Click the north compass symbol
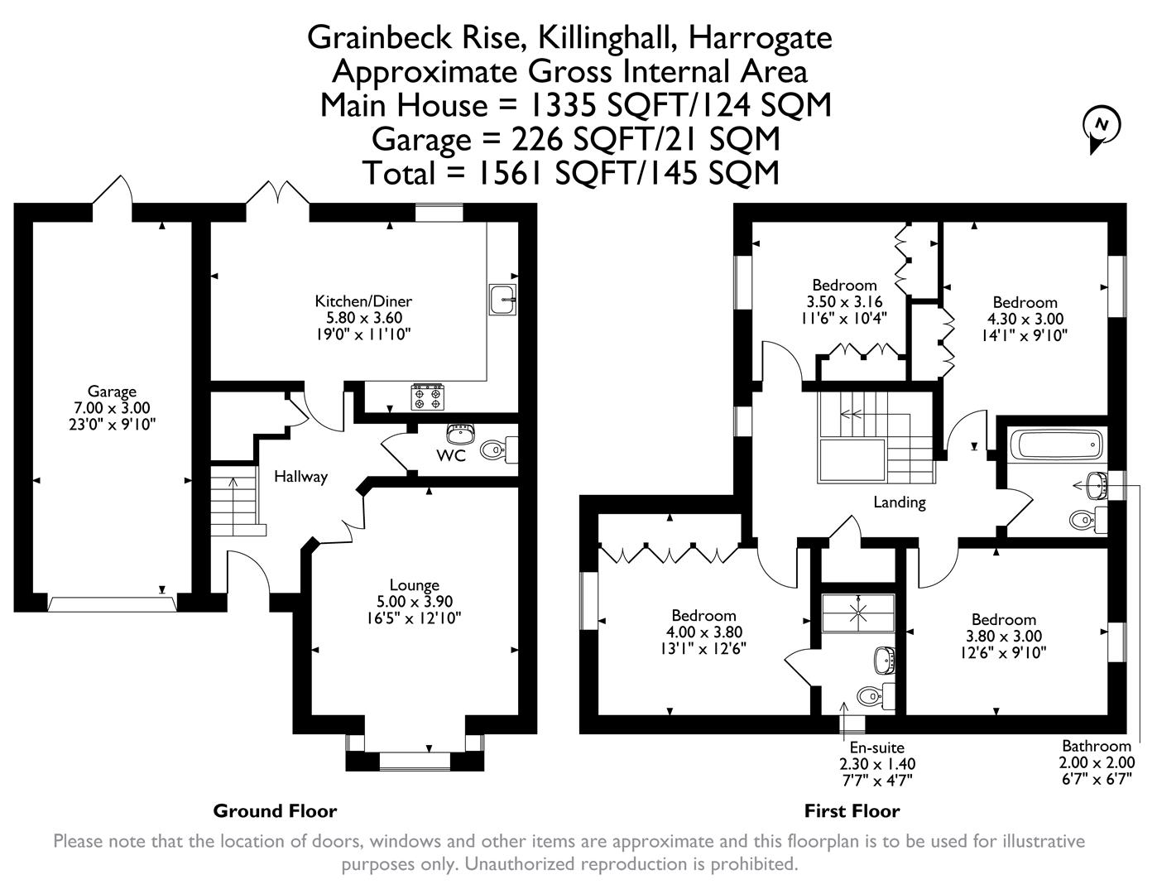tap(1101, 127)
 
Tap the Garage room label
tap(112, 392)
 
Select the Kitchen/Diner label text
tap(362, 301)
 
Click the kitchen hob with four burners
tap(428, 397)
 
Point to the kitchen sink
tap(502, 300)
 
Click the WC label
tap(451, 455)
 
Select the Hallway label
tap(300, 477)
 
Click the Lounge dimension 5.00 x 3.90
tap(414, 602)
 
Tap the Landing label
tap(900, 502)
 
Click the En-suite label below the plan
tap(876, 747)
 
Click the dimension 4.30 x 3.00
tap(1025, 319)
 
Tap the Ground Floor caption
tap(275, 810)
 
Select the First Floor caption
tap(852, 810)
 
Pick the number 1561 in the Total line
tap(505, 173)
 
